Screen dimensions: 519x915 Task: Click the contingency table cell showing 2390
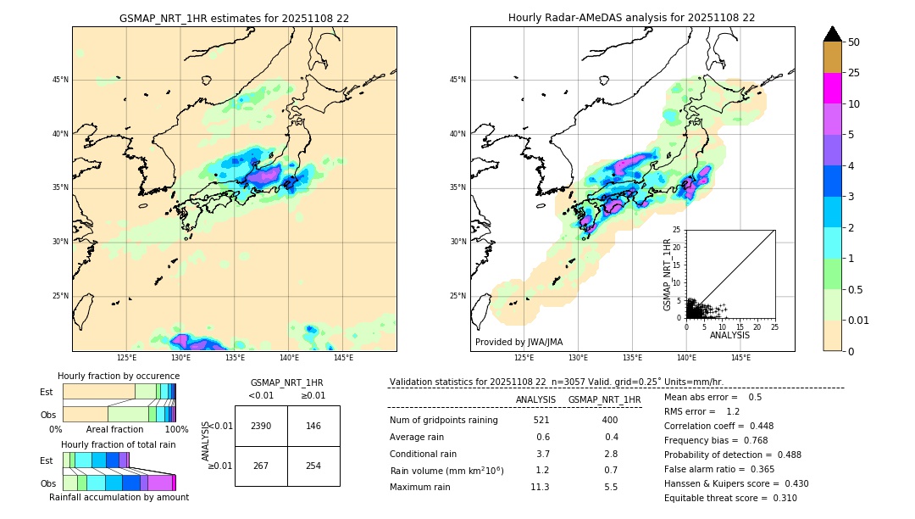click(261, 426)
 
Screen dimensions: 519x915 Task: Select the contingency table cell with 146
click(313, 426)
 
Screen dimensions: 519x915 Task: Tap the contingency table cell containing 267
click(261, 466)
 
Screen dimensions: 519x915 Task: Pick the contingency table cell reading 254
click(313, 466)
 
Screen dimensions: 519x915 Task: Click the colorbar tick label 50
click(854, 42)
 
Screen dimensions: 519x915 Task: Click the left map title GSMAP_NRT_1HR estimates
click(234, 18)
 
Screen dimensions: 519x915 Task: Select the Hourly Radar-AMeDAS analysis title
click(631, 18)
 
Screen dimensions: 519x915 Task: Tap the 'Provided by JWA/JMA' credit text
click(518, 342)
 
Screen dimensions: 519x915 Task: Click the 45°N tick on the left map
click(60, 80)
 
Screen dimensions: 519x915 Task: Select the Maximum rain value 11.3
click(540, 487)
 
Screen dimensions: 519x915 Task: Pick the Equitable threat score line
click(730, 498)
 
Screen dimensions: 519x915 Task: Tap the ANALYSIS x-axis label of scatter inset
click(729, 335)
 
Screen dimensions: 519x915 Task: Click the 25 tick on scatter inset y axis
click(677, 230)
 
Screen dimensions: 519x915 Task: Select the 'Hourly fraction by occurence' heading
click(118, 376)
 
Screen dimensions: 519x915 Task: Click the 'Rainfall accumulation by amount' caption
click(119, 497)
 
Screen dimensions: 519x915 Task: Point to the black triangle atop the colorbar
click(832, 34)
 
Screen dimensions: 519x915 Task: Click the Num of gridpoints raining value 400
click(609, 420)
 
